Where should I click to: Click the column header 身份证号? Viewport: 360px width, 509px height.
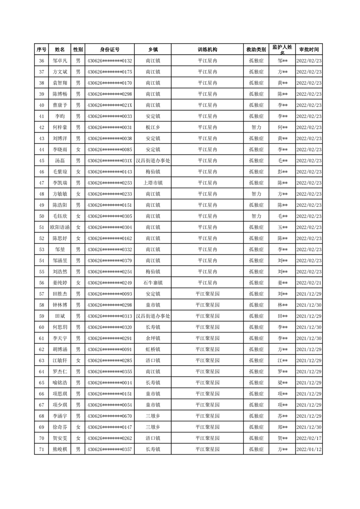[109, 49]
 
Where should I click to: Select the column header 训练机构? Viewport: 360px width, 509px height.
[207, 49]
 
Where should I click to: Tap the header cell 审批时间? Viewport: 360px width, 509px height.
[309, 49]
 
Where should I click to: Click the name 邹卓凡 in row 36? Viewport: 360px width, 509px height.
[59, 61]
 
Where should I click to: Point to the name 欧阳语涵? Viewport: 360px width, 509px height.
[59, 227]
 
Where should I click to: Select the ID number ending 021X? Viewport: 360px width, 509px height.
[109, 105]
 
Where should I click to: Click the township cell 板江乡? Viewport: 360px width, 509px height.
[153, 127]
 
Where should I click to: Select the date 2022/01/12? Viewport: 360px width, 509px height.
[309, 449]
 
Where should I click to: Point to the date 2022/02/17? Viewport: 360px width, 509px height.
[309, 438]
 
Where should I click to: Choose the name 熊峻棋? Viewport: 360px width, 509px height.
[59, 449]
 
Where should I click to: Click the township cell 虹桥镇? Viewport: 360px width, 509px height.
[153, 349]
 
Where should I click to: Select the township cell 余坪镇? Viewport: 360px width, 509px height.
[153, 338]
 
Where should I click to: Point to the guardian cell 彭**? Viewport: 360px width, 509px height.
[282, 172]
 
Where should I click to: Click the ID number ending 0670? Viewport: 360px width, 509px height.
[109, 416]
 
